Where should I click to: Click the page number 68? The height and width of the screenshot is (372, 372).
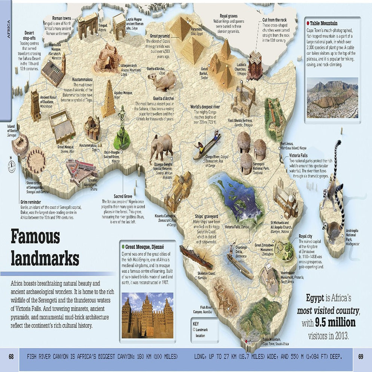(11, 357)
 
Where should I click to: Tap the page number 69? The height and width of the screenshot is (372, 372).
(361, 357)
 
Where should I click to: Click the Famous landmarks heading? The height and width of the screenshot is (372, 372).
(45, 247)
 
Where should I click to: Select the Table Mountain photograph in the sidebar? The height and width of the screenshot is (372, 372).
(332, 98)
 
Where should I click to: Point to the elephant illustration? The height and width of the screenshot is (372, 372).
(161, 147)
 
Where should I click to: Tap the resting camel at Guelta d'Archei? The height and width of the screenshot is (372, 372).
(162, 81)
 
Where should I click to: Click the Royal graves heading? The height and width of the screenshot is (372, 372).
(229, 16)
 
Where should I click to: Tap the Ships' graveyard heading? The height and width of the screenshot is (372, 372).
(206, 216)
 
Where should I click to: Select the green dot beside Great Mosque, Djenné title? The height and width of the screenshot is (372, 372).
(123, 247)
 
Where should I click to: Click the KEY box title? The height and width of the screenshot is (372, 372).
(195, 323)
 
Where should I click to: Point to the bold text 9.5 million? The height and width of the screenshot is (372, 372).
(335, 323)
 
